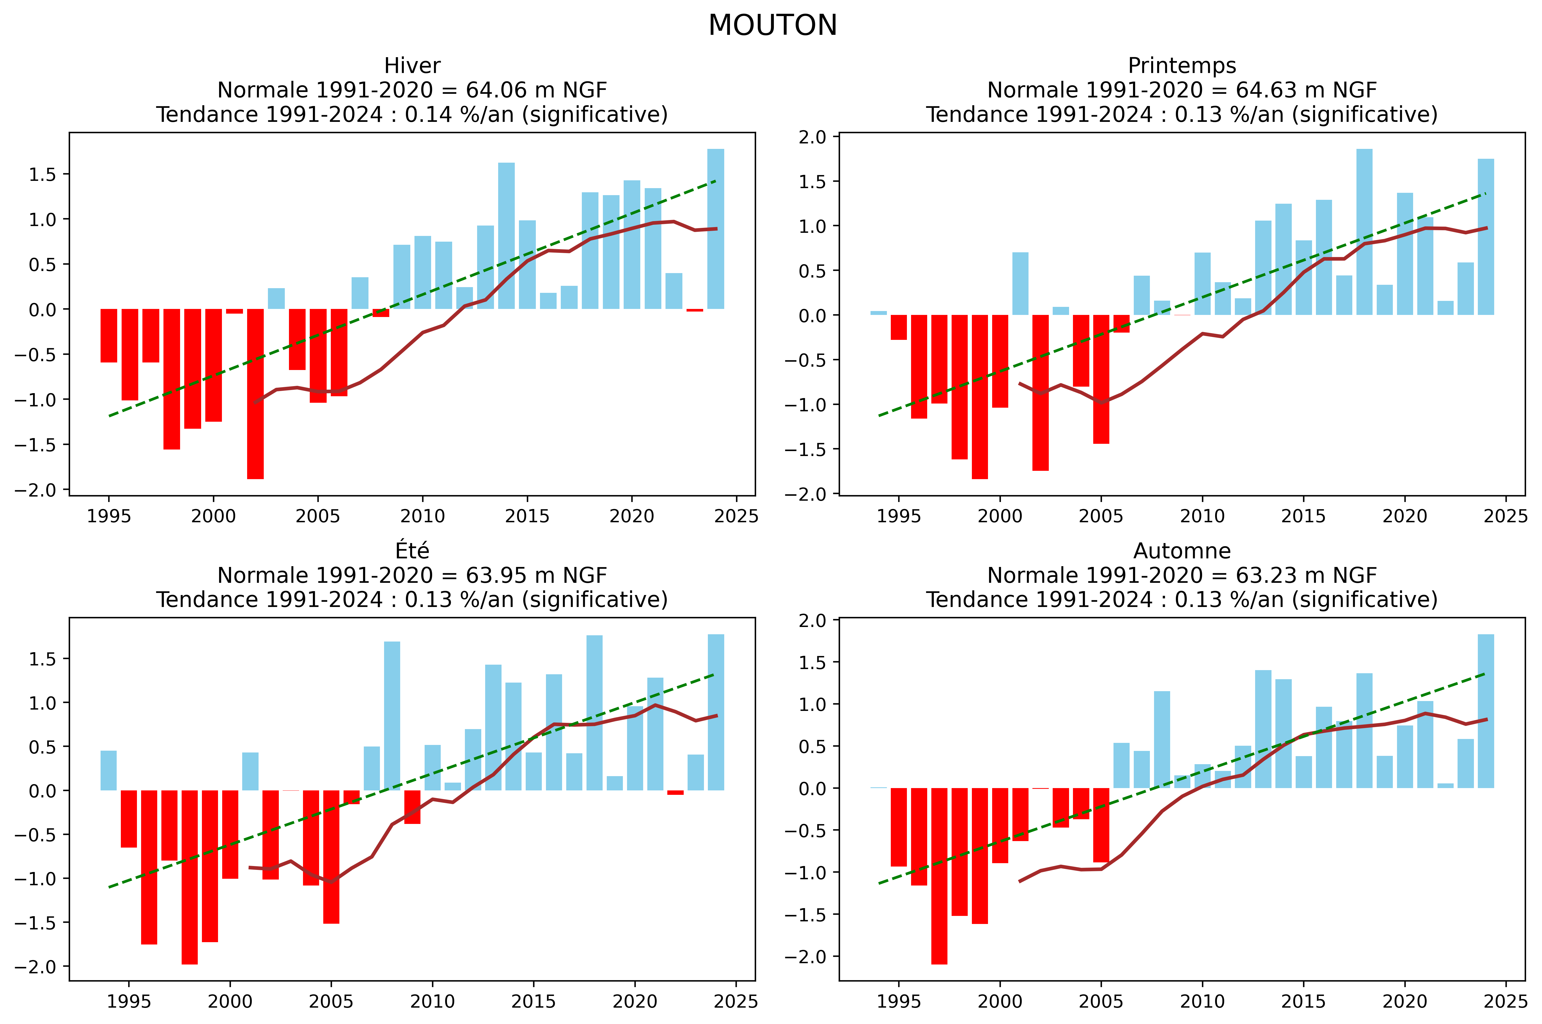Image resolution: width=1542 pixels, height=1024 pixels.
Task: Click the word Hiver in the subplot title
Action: coord(412,66)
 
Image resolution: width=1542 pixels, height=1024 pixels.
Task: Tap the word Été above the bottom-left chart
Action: coord(412,551)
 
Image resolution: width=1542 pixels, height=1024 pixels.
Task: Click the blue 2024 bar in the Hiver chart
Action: coord(716,229)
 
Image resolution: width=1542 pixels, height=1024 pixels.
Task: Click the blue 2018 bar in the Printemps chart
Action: coord(1364,232)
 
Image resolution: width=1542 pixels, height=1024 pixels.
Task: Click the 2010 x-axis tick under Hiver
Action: coord(423,517)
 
